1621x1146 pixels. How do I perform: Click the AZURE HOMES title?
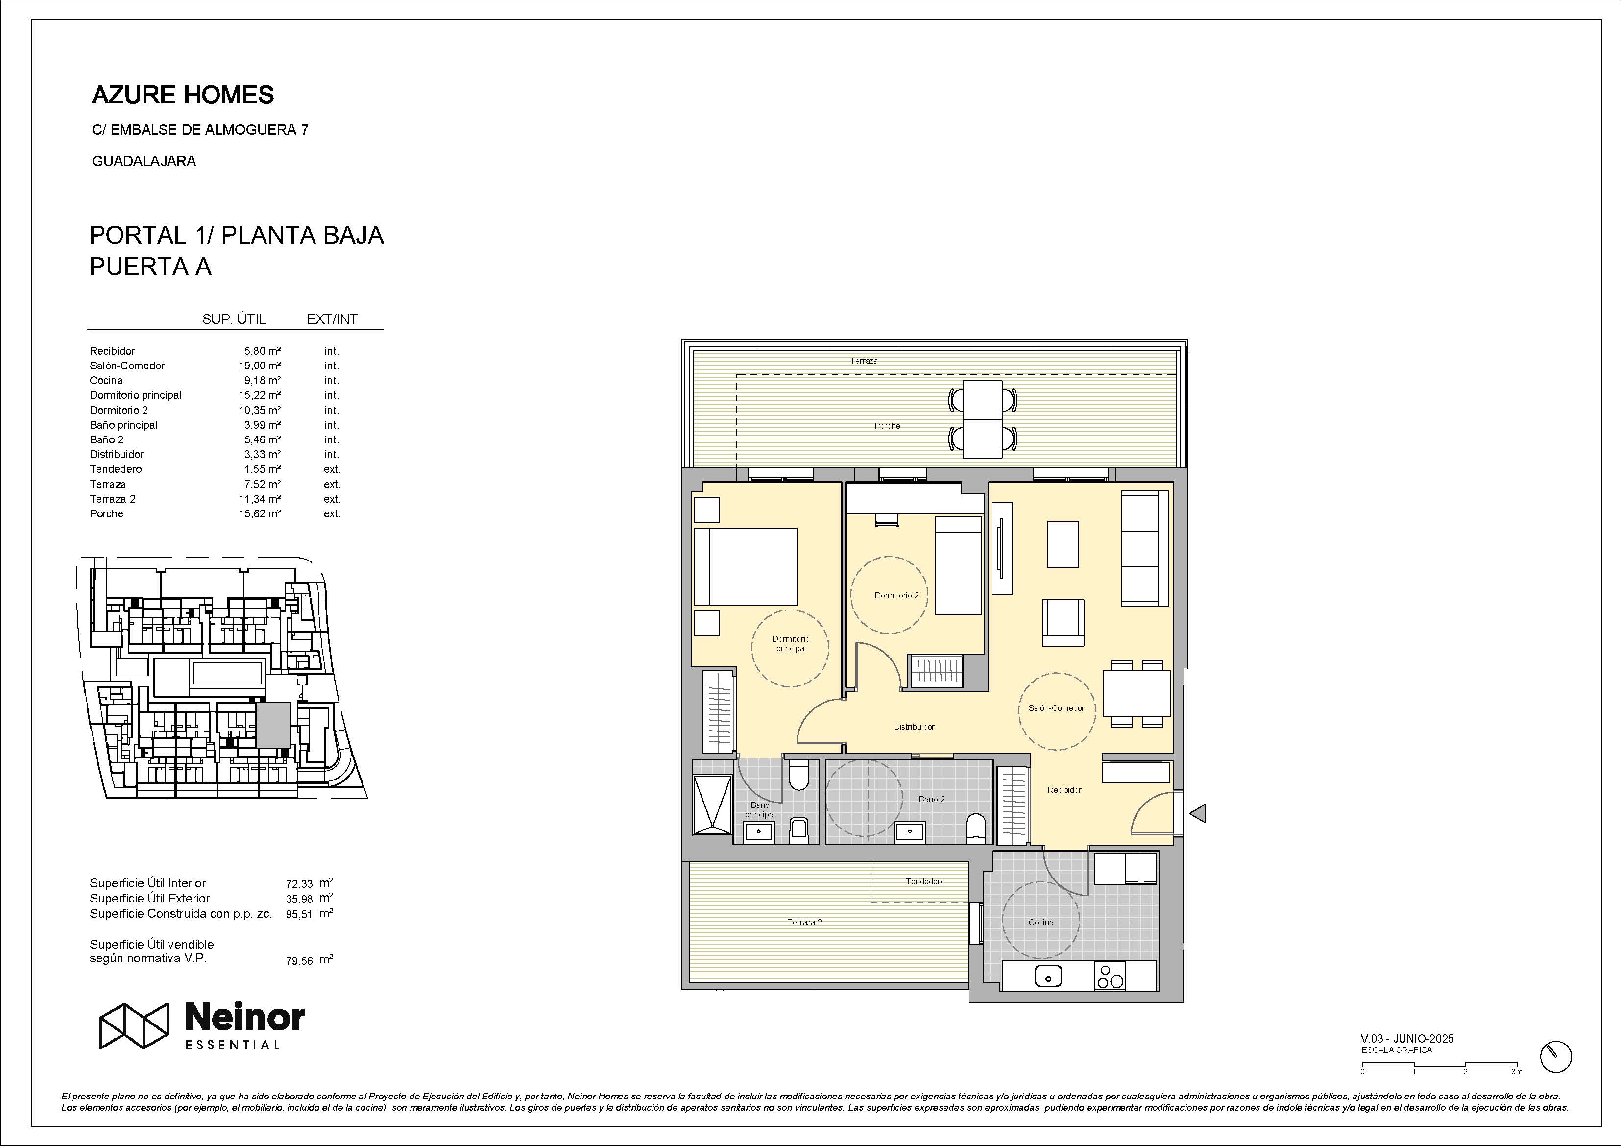point(183,95)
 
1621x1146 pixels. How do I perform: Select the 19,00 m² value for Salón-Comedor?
point(259,366)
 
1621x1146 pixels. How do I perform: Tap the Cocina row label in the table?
point(106,381)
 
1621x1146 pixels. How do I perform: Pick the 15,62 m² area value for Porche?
point(259,514)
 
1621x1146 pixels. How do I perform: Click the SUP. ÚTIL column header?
point(234,319)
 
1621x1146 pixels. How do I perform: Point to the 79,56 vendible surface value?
point(299,960)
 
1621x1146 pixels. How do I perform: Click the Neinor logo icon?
point(133,1025)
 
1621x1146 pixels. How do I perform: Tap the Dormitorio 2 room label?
point(896,595)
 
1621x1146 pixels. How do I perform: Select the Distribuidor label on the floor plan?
point(914,727)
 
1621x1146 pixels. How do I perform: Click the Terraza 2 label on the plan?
point(805,922)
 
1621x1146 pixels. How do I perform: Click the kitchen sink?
point(1048,976)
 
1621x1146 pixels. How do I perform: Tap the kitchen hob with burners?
point(1110,976)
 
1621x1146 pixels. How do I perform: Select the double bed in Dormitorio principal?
point(746,566)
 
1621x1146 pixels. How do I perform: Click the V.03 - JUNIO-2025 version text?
point(1407,1039)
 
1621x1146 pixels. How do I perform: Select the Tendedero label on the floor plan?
point(925,881)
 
